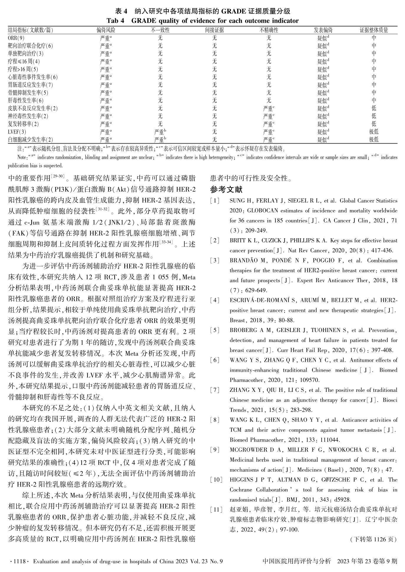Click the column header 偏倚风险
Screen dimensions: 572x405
(106, 30)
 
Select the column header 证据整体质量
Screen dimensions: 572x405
(373, 30)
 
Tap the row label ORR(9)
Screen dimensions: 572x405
(16, 38)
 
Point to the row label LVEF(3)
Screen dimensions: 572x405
(17, 132)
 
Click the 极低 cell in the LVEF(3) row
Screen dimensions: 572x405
(374, 132)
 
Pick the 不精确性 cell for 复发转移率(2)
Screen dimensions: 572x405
(269, 124)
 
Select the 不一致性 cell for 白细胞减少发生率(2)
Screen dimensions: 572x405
(160, 139)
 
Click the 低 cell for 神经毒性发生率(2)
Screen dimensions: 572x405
(374, 116)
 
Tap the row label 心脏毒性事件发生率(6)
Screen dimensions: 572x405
(33, 77)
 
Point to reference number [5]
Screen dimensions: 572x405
(215, 331)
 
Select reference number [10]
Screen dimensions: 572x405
(216, 480)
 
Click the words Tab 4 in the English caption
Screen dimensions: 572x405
(117, 21)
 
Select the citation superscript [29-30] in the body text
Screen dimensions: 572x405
(57, 176)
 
